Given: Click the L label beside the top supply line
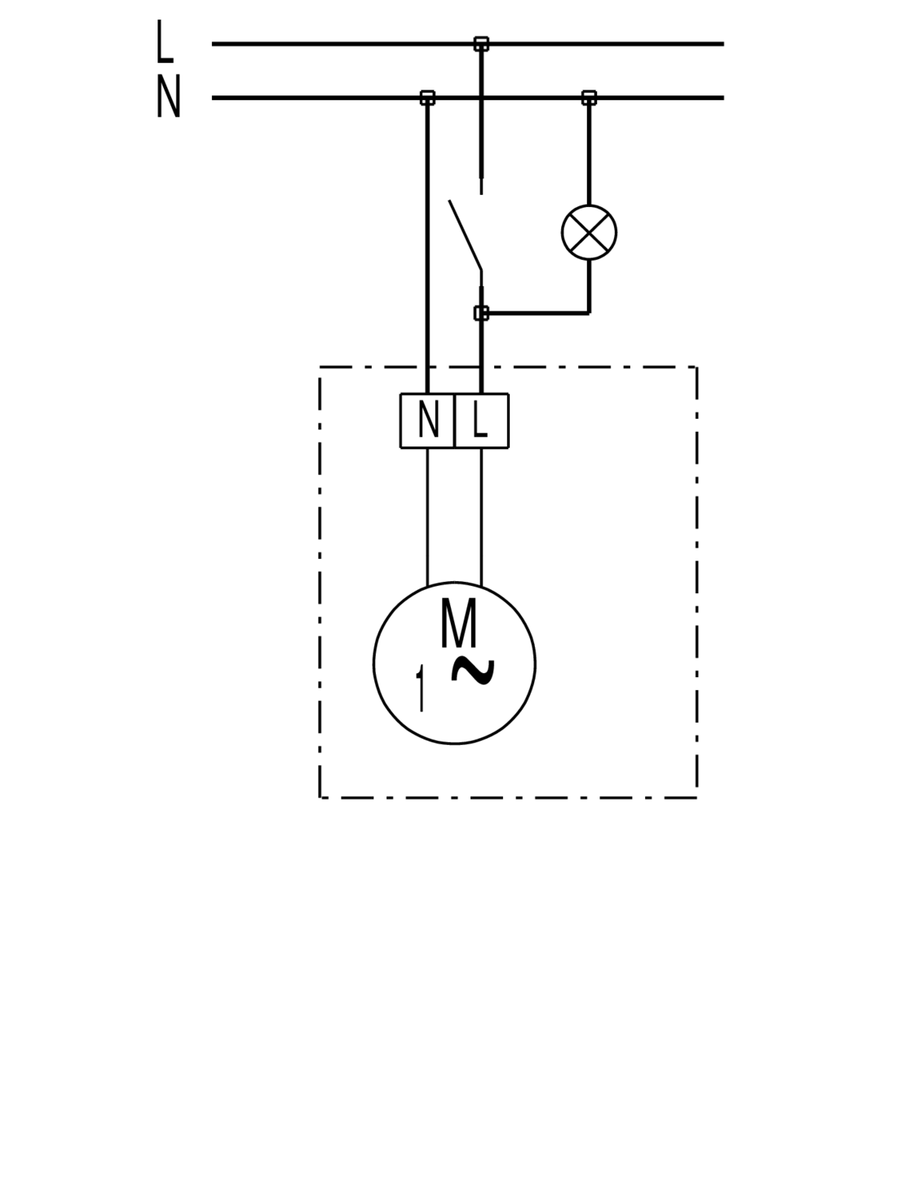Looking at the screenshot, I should click(165, 42).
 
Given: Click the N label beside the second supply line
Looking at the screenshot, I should click(168, 98).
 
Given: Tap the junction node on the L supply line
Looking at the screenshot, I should click(481, 43).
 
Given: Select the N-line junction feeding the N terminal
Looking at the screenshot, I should click(427, 98).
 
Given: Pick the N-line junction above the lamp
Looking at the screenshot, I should click(589, 98).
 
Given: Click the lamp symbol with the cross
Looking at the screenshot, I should click(589, 232).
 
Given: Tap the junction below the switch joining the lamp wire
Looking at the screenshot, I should click(481, 312).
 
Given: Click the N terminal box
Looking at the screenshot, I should click(427, 420).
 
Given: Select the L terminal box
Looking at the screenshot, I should click(481, 420).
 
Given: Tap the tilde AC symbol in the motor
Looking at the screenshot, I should click(471, 669).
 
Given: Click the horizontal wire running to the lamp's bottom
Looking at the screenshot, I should click(538, 312).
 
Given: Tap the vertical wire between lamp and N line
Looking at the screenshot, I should click(589, 155).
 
